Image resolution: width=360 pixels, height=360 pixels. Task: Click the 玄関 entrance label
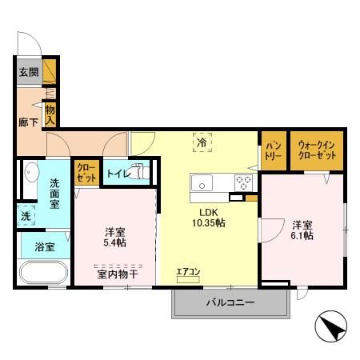[x=29, y=72]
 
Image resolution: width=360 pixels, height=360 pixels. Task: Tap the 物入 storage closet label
[x=50, y=115]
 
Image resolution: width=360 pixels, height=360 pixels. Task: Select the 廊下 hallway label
[x=29, y=122]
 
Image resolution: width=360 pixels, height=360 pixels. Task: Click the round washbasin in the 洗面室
[x=32, y=172]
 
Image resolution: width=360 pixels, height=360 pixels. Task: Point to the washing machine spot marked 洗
[x=26, y=216]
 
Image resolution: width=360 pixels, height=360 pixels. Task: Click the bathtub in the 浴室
[x=44, y=273]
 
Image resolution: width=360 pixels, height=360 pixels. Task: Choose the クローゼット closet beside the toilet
[x=86, y=173]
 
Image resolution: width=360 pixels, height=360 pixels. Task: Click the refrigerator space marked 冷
[x=202, y=142]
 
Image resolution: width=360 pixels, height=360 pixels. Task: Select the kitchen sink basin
[x=202, y=183]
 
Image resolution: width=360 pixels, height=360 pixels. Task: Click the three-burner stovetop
[x=243, y=183]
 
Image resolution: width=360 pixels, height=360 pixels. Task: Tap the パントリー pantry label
[x=274, y=150]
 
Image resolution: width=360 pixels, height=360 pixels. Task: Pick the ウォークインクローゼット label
[x=317, y=150]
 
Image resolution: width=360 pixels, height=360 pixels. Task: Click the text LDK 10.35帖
[x=209, y=218]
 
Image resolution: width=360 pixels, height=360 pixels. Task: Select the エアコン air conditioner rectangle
[x=188, y=279]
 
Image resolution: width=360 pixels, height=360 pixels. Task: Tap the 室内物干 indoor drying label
[x=118, y=274]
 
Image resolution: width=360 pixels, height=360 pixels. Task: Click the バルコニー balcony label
[x=230, y=302]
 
